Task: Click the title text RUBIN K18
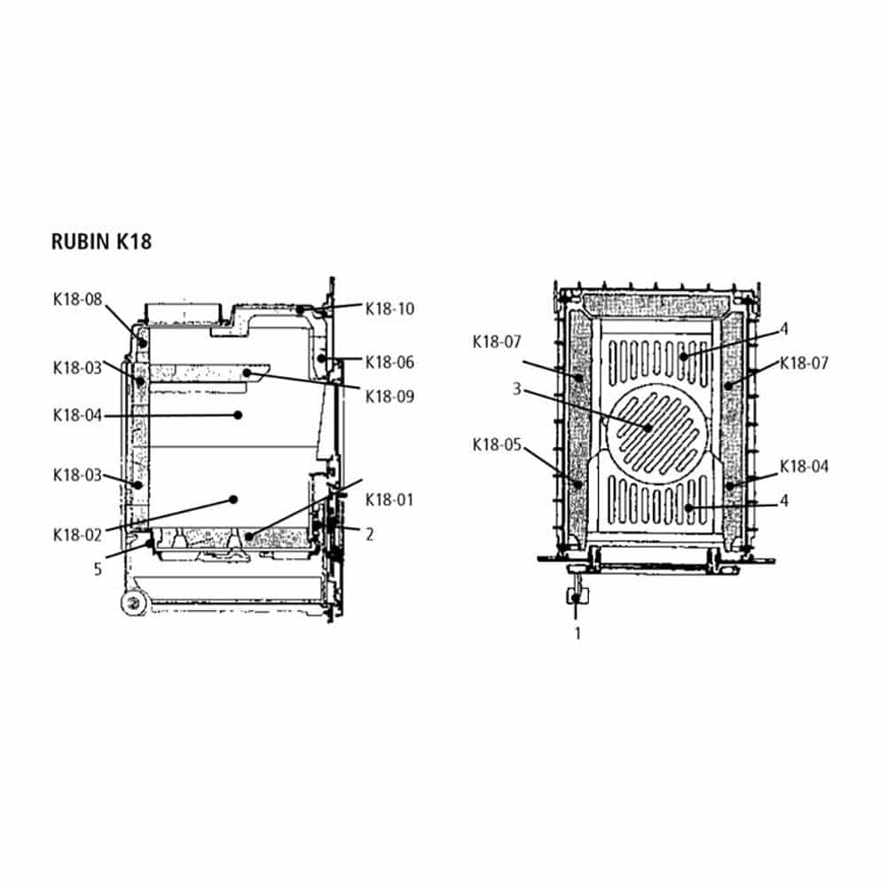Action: (101, 241)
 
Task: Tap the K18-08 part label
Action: (77, 299)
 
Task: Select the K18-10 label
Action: (389, 309)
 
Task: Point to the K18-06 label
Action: (389, 362)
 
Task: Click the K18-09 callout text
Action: (389, 396)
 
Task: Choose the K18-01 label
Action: (389, 500)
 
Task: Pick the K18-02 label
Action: (77, 535)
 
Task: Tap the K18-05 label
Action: (497, 445)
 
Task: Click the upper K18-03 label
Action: (77, 368)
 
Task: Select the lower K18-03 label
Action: (77, 475)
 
